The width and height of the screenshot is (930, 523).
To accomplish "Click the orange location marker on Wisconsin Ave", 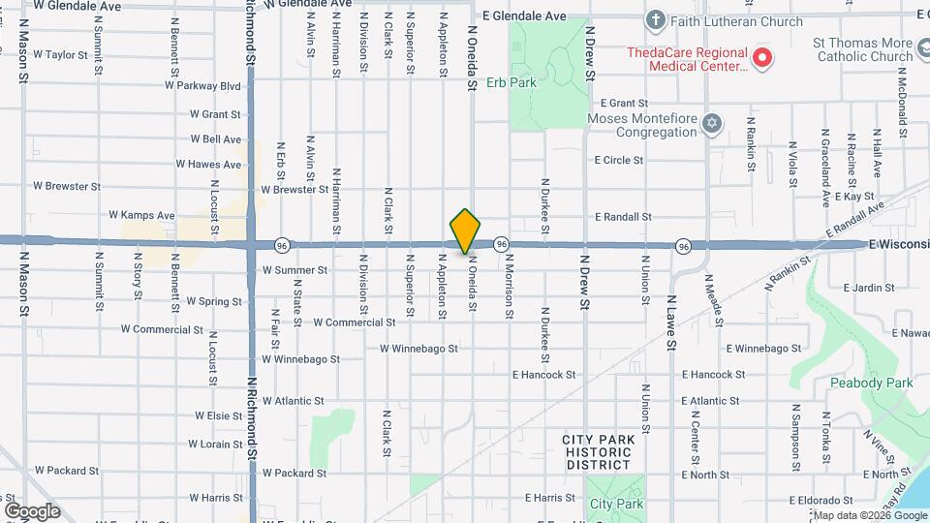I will click(x=465, y=231).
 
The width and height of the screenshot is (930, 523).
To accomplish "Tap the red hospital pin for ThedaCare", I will click(x=762, y=58).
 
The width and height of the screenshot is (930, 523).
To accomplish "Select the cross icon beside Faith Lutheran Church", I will click(x=656, y=20).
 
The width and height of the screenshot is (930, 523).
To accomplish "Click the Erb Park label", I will click(x=511, y=82).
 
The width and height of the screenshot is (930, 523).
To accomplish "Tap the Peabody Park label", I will click(x=872, y=383).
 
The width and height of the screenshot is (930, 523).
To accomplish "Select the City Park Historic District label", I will click(x=599, y=452).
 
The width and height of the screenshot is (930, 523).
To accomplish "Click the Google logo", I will click(x=32, y=510).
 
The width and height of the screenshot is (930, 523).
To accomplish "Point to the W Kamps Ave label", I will click(x=141, y=215).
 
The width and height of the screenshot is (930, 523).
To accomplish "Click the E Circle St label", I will click(x=619, y=160).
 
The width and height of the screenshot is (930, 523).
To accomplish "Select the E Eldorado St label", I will click(x=821, y=501).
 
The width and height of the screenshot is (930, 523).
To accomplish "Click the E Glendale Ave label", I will click(x=523, y=16).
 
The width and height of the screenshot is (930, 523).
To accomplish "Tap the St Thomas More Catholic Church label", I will click(x=863, y=50).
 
